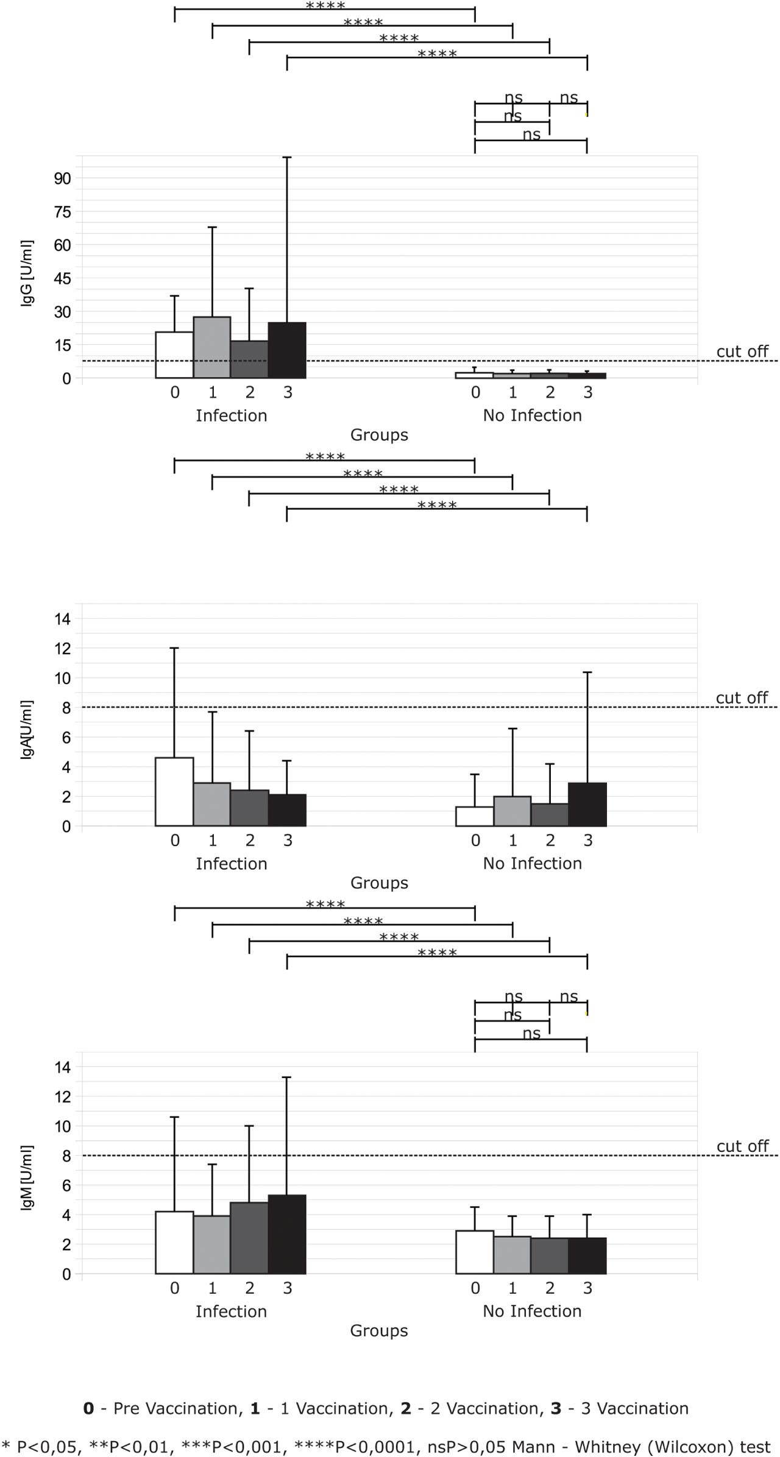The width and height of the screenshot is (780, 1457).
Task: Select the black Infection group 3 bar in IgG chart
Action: [287, 350]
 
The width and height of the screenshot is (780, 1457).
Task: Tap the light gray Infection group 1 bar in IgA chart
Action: [212, 804]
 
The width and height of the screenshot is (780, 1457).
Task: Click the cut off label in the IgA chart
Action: [742, 697]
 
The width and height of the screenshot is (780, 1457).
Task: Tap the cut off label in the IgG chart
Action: [742, 351]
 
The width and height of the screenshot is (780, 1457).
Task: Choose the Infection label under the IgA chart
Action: [231, 863]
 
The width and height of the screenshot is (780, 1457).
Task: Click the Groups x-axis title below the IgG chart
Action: [379, 435]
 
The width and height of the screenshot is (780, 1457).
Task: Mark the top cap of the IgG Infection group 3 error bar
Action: [287, 157]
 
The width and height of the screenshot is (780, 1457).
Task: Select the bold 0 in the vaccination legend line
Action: [88, 1409]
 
